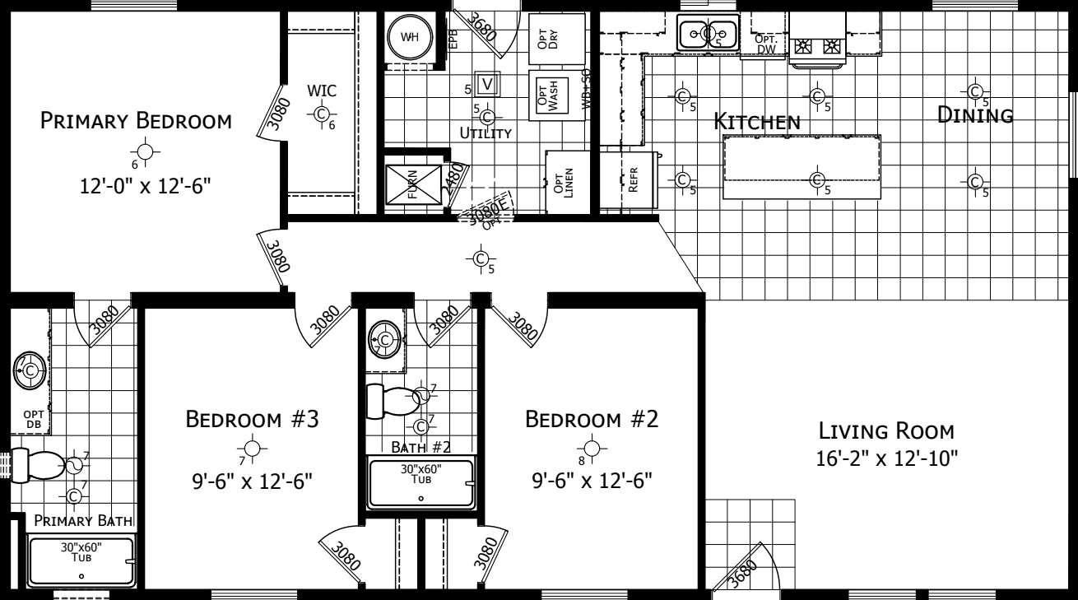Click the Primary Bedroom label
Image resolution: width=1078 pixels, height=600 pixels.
136,122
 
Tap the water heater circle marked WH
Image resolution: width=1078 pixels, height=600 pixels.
409,37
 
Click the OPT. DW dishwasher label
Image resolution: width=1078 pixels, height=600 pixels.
766,45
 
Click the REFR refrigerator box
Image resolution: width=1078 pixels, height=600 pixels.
632,179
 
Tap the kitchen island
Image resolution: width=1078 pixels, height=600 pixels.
802,168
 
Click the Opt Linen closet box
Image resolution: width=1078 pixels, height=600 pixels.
565,180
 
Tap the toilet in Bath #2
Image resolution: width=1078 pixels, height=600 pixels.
395,399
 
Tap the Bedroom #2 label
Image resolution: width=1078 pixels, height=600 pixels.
592,420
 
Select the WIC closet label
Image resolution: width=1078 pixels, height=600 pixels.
322,90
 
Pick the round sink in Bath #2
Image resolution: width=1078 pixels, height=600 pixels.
383,338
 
